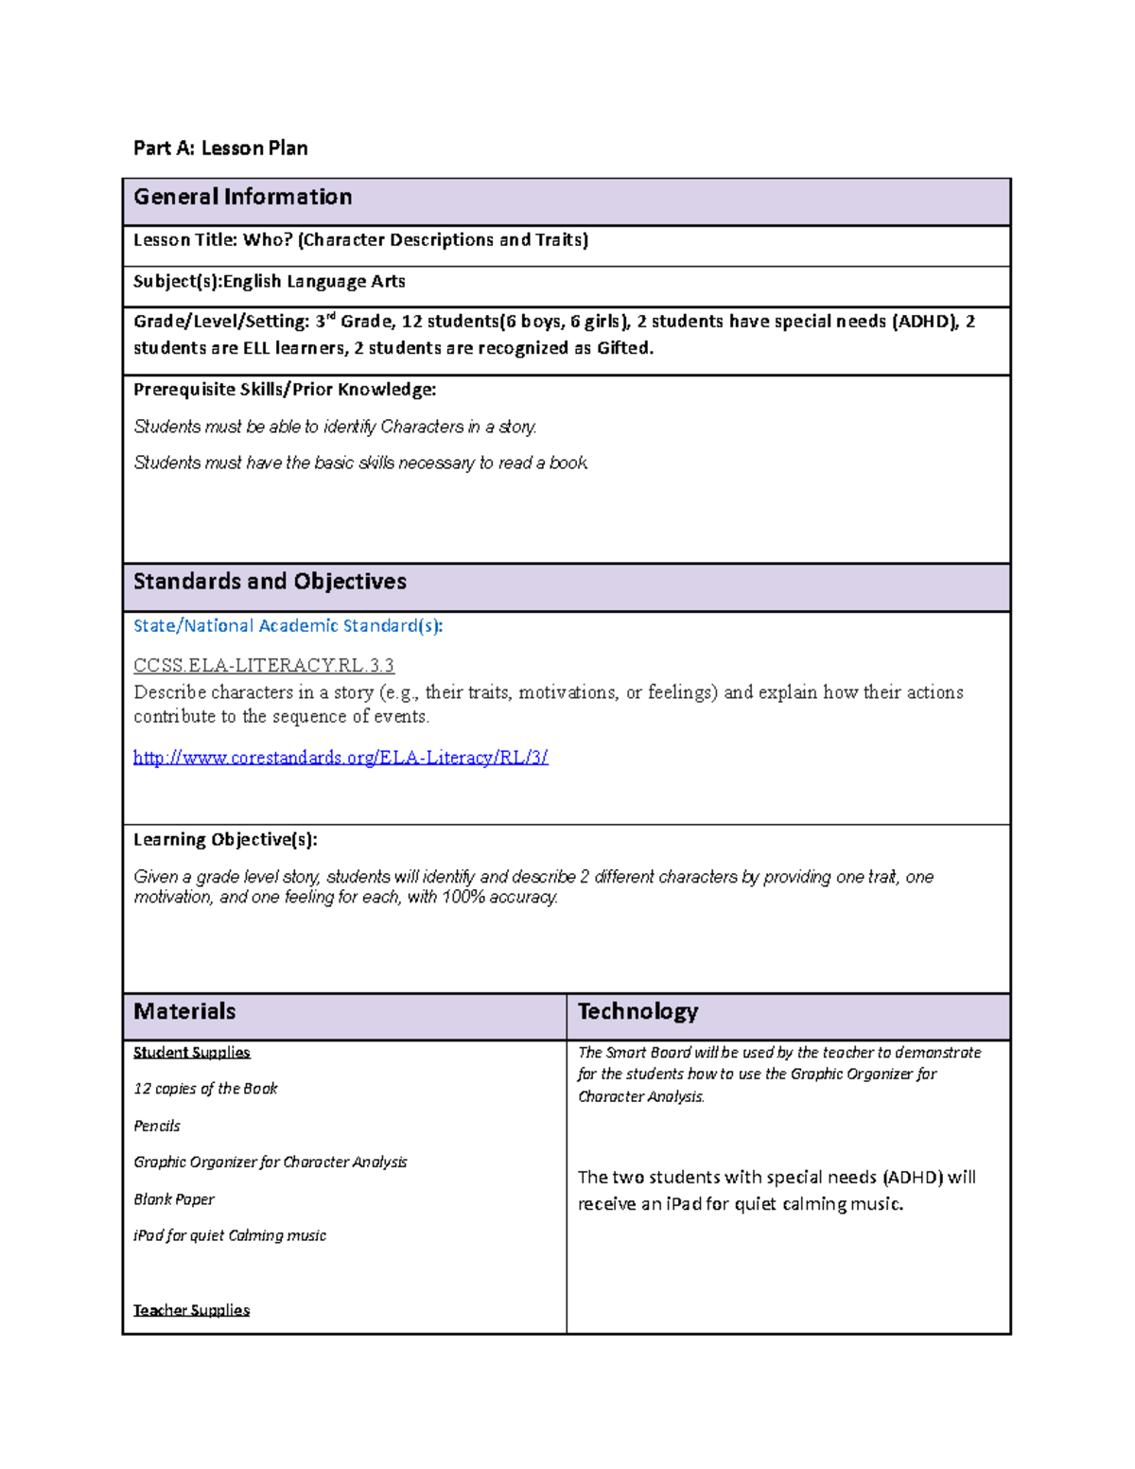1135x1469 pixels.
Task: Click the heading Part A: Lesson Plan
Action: (x=220, y=148)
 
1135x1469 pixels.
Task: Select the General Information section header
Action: (x=242, y=197)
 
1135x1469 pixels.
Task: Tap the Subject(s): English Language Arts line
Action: (x=269, y=281)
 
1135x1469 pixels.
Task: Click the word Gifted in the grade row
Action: (x=623, y=348)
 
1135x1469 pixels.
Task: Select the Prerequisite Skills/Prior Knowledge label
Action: (x=285, y=390)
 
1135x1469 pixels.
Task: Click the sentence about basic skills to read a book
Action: (x=360, y=463)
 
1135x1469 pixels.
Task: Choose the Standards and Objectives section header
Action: (x=270, y=581)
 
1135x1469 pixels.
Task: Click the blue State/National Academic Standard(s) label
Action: (x=288, y=625)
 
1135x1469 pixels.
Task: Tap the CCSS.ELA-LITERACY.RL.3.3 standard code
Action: (x=264, y=665)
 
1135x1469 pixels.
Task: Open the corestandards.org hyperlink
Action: (x=340, y=757)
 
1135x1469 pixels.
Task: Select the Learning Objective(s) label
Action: (x=225, y=839)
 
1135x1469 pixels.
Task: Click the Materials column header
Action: (x=184, y=1011)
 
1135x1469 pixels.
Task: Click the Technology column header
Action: (x=637, y=1011)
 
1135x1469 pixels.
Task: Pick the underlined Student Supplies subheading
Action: (x=191, y=1052)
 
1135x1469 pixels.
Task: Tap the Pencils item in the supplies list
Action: (x=157, y=1126)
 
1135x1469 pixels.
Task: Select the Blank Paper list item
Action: (x=174, y=1198)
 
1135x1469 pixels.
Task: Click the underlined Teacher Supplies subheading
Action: (x=191, y=1310)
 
